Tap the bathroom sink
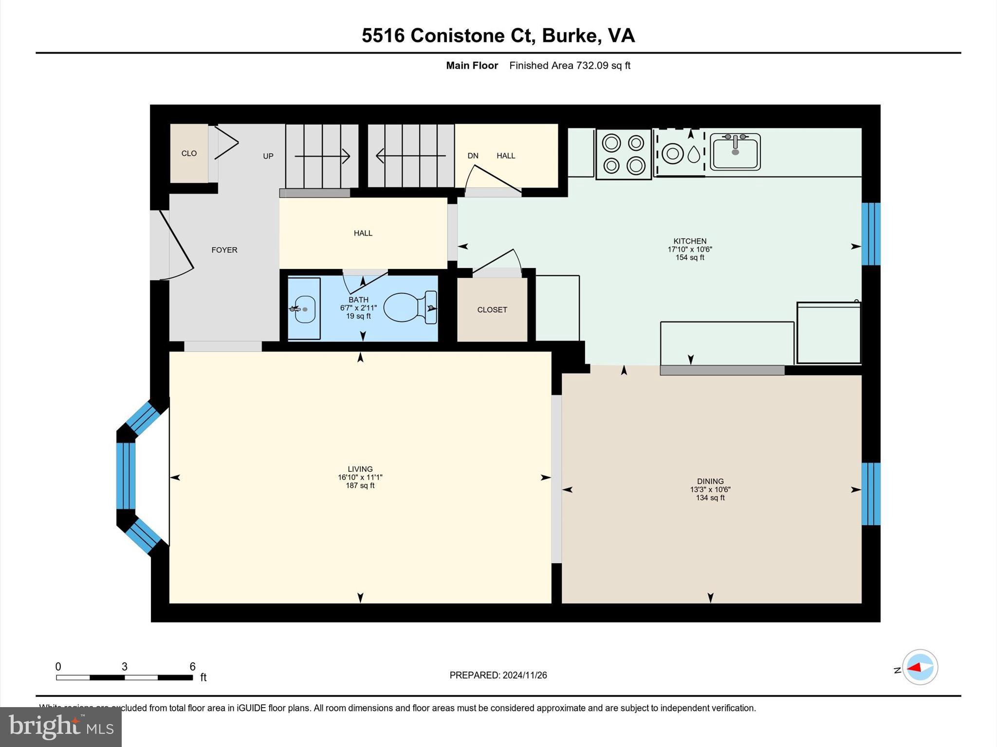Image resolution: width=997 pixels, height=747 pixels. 305,309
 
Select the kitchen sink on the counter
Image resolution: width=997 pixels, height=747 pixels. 735,152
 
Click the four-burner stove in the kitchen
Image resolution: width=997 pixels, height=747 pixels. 624,154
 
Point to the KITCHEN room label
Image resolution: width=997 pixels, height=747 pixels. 689,241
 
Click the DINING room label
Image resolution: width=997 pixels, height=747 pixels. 710,481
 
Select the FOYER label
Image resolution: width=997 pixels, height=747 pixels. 224,250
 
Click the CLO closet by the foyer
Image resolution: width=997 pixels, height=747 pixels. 189,153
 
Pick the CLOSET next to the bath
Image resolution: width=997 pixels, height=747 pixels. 492,310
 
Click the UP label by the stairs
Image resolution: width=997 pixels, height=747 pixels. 268,156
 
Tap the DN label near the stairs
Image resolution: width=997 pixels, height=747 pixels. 473,156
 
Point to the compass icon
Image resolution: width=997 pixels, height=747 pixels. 920,667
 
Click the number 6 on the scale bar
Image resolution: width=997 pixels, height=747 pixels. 192,667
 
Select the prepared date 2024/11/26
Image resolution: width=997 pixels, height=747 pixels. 524,675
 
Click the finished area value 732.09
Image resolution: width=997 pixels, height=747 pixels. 592,66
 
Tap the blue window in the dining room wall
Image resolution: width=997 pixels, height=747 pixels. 870,494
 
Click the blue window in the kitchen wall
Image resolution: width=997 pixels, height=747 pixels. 870,234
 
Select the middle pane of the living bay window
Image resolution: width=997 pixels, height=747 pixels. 126,476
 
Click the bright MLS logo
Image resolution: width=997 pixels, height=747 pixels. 61,727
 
